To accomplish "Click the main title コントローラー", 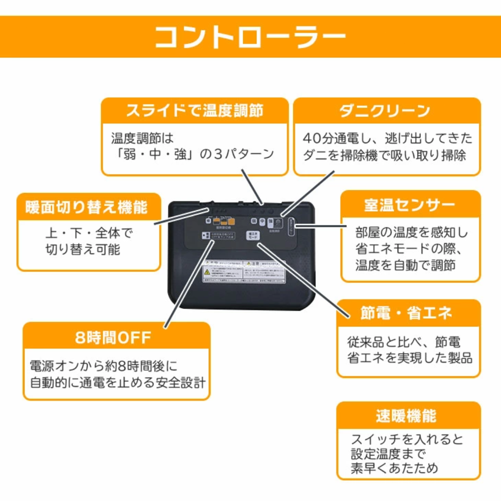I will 250,37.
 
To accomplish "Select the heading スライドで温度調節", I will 195,111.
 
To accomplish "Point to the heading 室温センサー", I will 410,205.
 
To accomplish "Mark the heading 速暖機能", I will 406,416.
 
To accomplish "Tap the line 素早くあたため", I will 394,468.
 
